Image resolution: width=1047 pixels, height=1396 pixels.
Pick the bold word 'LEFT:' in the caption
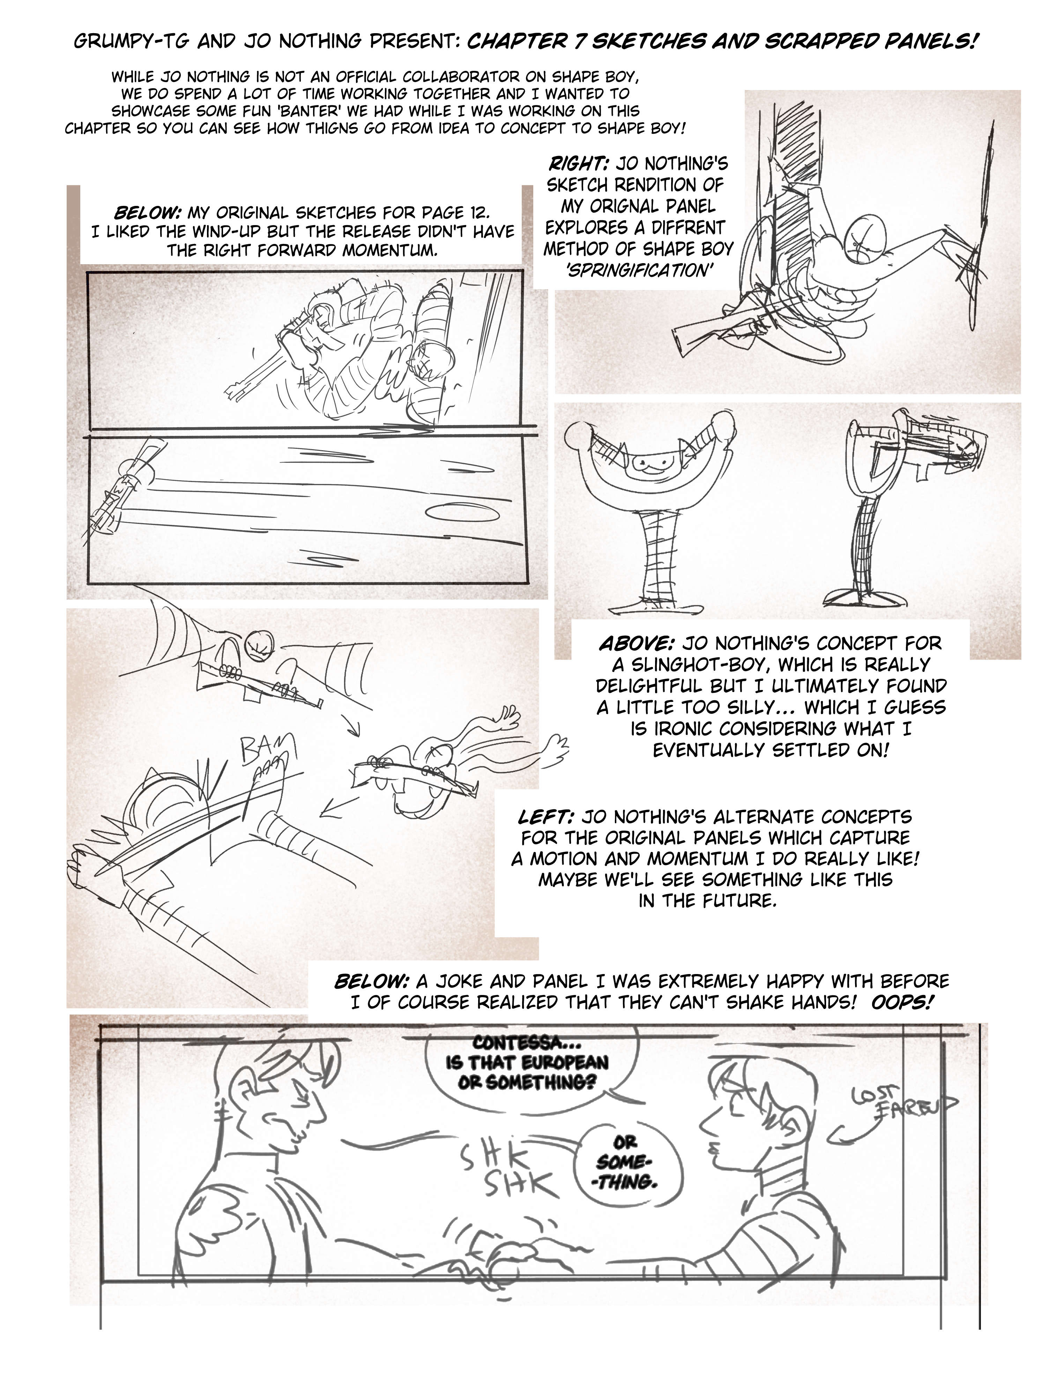coord(545,817)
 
